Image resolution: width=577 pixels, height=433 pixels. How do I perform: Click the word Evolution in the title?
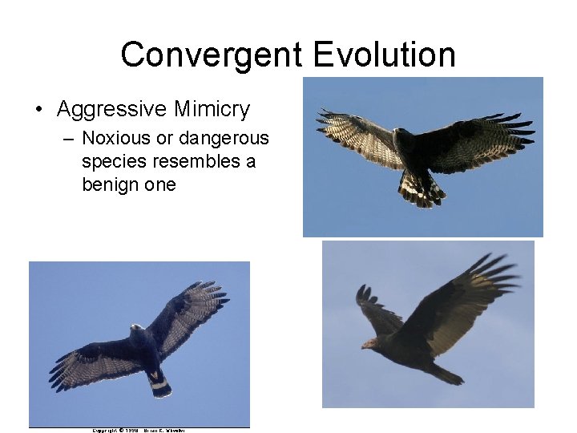385,55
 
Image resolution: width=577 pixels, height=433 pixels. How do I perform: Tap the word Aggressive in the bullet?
111,109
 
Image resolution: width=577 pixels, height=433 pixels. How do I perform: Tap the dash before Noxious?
69,138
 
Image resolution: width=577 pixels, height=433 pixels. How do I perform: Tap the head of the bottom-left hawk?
137,329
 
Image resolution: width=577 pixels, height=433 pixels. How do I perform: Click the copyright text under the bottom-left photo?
139,431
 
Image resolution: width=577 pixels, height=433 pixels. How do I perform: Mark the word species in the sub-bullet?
111,161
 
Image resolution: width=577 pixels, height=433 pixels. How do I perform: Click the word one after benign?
160,184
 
